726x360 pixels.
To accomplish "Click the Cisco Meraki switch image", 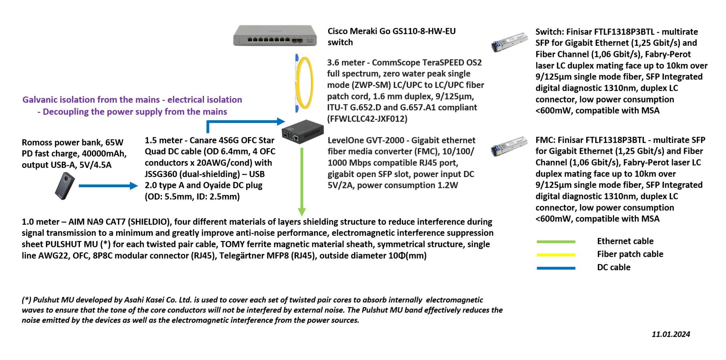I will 275,36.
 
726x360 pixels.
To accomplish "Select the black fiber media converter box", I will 302,131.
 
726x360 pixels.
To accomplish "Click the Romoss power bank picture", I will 65,186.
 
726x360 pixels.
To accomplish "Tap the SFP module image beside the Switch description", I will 509,42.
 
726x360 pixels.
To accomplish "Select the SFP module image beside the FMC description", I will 509,146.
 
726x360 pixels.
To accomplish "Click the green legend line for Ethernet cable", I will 556,242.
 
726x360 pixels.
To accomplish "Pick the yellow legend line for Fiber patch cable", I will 556,255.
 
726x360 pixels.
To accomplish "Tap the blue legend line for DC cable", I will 556,268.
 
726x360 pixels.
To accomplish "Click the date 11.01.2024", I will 670,334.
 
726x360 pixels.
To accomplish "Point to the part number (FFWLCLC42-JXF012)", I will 367,119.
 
